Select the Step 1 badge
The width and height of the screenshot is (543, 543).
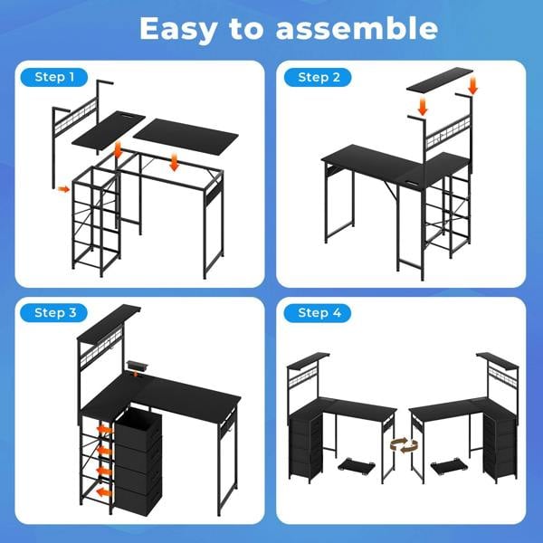point(56,77)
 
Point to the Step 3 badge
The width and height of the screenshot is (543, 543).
point(56,312)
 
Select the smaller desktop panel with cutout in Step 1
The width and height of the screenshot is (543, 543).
point(109,133)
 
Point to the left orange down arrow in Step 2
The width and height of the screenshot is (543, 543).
point(421,108)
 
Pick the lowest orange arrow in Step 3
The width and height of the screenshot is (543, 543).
point(105,491)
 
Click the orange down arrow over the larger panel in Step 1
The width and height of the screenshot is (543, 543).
point(173,161)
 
